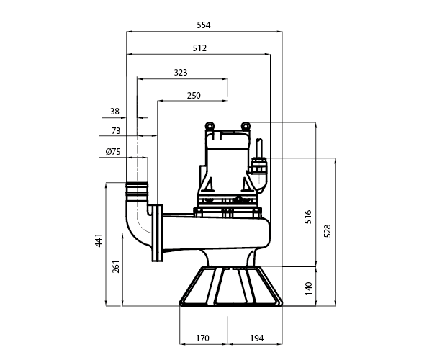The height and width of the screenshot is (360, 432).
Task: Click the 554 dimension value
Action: pyautogui.click(x=204, y=25)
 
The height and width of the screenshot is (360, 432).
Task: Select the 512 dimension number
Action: pyautogui.click(x=199, y=48)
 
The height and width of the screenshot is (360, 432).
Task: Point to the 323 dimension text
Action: pyautogui.click(x=181, y=73)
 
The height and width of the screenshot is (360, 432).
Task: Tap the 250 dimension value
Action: pyautogui.click(x=194, y=96)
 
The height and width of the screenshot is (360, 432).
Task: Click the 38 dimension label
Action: pyautogui.click(x=115, y=112)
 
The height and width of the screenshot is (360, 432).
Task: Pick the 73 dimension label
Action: pyautogui.click(x=116, y=130)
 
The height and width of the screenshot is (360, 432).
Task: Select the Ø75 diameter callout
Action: pyautogui.click(x=113, y=151)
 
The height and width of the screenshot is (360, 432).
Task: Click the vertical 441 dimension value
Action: pyautogui.click(x=99, y=240)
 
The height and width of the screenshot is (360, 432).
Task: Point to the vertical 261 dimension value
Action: pyautogui.click(x=116, y=266)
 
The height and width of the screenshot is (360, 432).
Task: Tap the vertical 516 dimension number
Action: pyautogui.click(x=308, y=217)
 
